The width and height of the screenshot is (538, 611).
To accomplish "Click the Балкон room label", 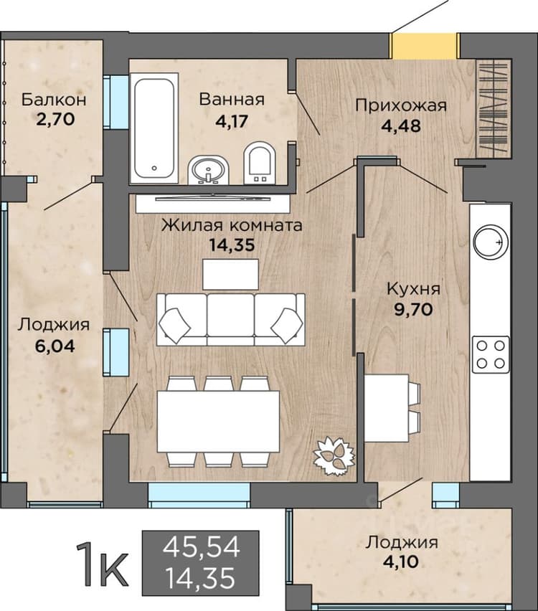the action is tap(54, 100).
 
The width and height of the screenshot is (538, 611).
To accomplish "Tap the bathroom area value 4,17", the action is tap(232, 121).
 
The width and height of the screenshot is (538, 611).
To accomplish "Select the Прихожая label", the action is tap(401, 105).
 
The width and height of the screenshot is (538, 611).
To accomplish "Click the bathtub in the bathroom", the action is tap(154, 128).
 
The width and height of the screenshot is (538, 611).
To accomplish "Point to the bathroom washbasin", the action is tap(209, 170).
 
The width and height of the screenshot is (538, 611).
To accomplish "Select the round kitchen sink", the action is tap(491, 242).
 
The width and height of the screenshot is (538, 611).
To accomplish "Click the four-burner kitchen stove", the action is tap(491, 354).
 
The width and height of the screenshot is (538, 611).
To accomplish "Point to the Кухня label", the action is tap(413, 289).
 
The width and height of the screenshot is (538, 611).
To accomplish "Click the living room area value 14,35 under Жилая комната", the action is tap(232, 245).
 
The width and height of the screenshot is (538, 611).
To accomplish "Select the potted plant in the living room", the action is tap(334, 456).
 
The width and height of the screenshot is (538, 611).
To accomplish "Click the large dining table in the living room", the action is tap(218, 421).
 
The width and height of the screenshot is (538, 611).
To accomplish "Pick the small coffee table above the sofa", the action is tap(230, 275).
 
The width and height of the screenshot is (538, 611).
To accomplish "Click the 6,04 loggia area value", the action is tap(55, 346).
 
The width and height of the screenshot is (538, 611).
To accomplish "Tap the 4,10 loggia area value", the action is tap(401, 562).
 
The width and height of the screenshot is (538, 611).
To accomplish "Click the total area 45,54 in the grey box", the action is tap(201, 546).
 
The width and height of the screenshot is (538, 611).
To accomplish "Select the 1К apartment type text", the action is tap(102, 564).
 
